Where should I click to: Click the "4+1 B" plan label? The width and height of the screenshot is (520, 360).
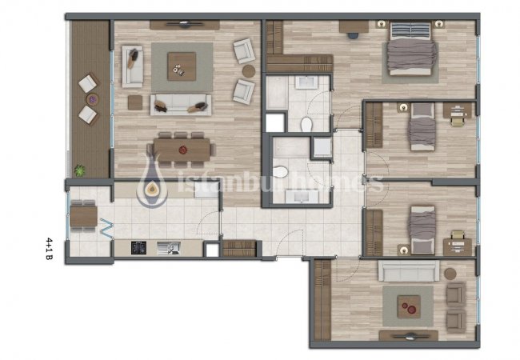click(49, 248)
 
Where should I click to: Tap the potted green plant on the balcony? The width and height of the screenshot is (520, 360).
click(79, 170)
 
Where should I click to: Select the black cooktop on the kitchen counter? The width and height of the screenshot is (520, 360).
click(138, 248)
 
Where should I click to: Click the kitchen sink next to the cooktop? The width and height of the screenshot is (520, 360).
click(169, 248)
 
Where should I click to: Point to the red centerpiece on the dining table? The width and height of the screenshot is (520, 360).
click(182, 150)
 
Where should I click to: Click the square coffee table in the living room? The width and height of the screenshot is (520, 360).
click(182, 66)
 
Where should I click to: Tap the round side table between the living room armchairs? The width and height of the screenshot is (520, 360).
click(249, 71)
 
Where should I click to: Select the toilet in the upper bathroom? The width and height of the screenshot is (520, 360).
click(306, 124)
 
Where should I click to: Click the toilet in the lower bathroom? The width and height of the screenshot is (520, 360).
click(280, 172)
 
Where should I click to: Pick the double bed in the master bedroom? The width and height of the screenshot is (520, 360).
click(411, 49)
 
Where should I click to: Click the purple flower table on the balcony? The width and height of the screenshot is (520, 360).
click(93, 99)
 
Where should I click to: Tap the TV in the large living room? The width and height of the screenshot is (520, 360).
click(184, 23)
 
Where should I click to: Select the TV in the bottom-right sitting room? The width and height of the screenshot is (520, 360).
click(409, 336)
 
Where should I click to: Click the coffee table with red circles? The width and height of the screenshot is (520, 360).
click(410, 306)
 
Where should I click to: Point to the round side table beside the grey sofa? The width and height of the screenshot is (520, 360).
click(450, 274)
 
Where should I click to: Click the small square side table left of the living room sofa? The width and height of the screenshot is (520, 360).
click(135, 102)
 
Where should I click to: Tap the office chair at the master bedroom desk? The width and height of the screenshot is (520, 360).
click(353, 35)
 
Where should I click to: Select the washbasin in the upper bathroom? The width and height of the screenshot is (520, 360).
click(306, 82)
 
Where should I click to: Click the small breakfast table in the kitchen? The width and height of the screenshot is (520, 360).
click(83, 216)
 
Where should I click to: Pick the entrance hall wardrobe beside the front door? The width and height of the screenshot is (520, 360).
click(239, 248)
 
